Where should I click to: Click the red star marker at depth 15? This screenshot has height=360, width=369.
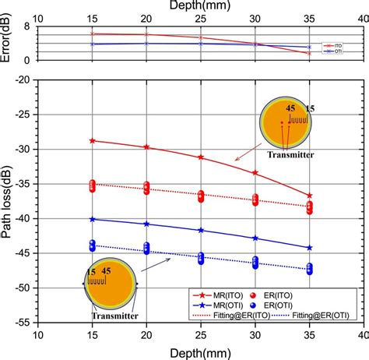(93, 140)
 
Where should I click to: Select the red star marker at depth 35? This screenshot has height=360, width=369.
(310, 196)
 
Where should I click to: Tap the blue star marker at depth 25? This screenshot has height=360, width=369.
(201, 231)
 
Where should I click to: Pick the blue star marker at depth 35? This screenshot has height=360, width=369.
(310, 248)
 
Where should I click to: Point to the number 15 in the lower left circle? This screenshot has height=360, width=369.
(92, 270)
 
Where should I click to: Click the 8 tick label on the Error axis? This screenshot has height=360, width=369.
(28, 26)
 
